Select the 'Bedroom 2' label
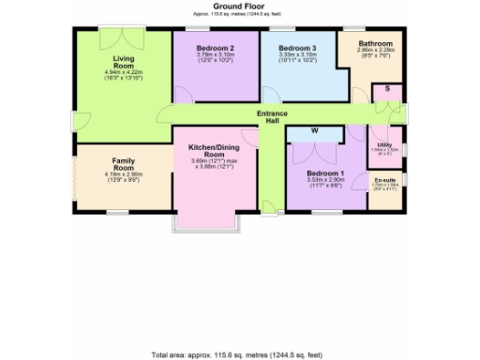[216, 48]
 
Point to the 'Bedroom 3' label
[297, 48]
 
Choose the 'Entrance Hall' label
[273, 117]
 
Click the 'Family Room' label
[123, 165]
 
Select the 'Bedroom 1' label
[326, 175]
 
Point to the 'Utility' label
[384, 145]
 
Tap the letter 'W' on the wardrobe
[315, 130]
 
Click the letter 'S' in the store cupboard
[387, 89]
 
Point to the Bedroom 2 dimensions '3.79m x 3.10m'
[216, 55]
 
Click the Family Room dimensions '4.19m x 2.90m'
[123, 173]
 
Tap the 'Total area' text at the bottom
[240, 354]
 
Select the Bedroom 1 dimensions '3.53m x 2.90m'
[326, 184]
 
